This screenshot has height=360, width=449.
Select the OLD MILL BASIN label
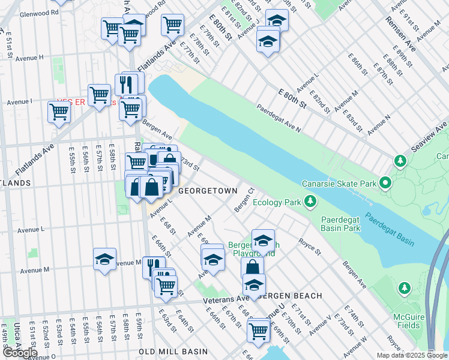pyautogui.click(x=173, y=352)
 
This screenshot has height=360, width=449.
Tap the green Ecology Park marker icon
pyautogui.click(x=310, y=202)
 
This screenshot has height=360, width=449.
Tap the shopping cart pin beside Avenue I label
pyautogui.click(x=59, y=110)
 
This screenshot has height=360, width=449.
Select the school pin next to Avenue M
pyautogui.click(x=104, y=259)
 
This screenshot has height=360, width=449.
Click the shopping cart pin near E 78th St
pyautogui.click(x=172, y=25)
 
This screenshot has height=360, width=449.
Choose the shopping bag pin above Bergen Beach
pyautogui.click(x=253, y=267)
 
